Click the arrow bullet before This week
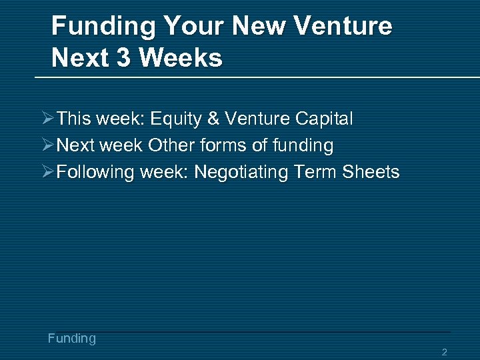pos(47,119)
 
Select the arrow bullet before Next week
pos(47,145)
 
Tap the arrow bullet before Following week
pos(47,172)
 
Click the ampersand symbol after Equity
pos(213,119)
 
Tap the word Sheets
pos(371,172)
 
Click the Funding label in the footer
pos(72,339)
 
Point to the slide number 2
pos(445,352)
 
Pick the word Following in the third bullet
pos(95,172)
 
